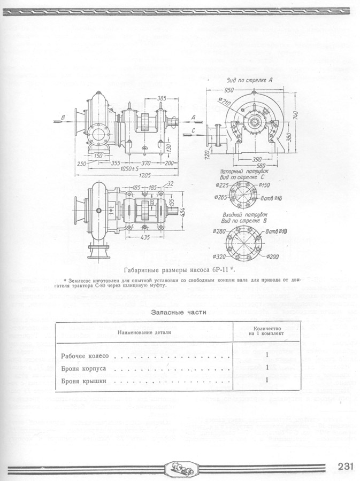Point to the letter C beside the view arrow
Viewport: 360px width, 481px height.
pyautogui.click(x=193, y=129)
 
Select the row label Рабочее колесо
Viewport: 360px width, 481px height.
pyautogui.click(x=85, y=355)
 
